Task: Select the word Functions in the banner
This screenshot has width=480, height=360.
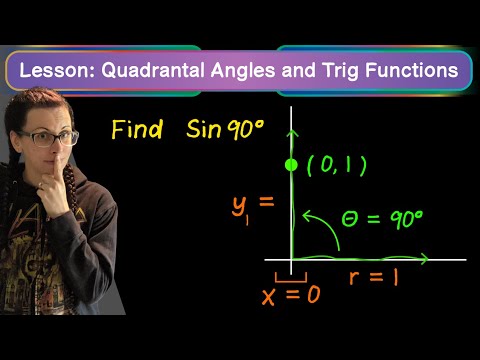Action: (412, 70)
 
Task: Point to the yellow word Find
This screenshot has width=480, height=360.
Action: (137, 129)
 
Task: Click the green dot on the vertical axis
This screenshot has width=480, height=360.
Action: (291, 165)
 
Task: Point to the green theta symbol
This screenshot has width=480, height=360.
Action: (350, 219)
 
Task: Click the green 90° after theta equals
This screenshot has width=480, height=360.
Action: (406, 219)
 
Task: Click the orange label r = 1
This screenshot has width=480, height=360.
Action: (374, 277)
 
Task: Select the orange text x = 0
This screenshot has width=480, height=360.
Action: (291, 295)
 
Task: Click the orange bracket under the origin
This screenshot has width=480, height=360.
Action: (291, 278)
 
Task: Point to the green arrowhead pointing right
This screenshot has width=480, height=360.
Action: (424, 259)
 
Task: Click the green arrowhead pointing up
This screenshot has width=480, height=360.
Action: (293, 133)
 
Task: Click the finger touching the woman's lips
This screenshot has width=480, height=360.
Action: (57, 168)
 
